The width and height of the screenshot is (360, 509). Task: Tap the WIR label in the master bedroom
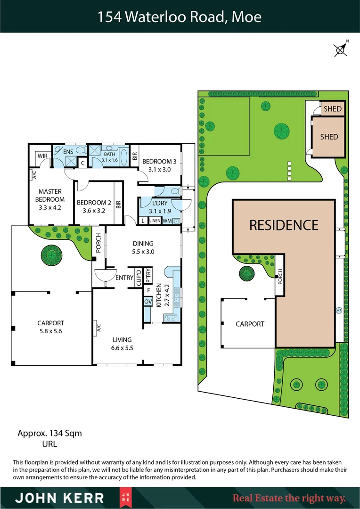(42, 156)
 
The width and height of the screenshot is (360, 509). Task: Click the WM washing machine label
(168, 221)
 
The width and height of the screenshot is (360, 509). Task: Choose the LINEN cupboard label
(155, 221)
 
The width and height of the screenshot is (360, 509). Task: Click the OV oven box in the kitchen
(147, 301)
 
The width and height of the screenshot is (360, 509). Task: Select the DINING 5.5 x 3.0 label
(143, 247)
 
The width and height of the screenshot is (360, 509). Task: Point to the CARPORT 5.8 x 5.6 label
(50, 327)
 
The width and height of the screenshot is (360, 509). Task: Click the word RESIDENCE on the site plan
(284, 225)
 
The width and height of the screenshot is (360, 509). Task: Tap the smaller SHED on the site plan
(332, 109)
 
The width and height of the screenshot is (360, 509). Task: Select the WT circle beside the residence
(338, 310)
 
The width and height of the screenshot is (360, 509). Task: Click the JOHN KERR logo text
(60, 498)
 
